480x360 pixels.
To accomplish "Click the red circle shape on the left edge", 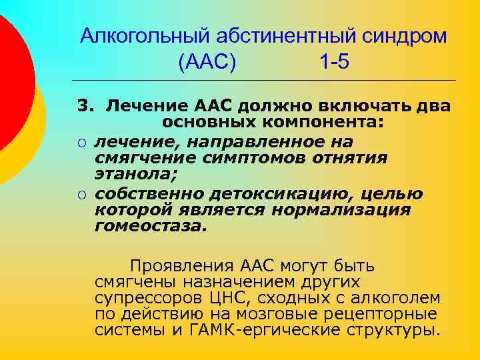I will pyautogui.click(x=9, y=80).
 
